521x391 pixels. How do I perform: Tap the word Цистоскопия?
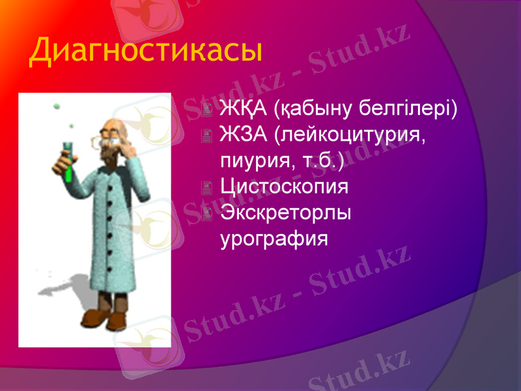pyautogui.click(x=285, y=187)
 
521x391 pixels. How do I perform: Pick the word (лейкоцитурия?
pyautogui.click(x=348, y=134)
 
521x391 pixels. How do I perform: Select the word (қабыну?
pyautogui.click(x=309, y=108)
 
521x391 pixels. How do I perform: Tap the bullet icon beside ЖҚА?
pyautogui.click(x=206, y=109)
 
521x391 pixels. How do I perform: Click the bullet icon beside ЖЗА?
pyautogui.click(x=206, y=136)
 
